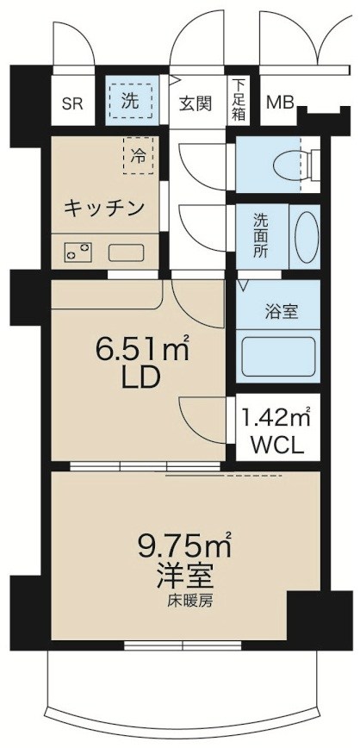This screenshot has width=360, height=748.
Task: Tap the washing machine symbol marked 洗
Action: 129,98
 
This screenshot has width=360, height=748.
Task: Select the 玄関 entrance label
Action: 196,103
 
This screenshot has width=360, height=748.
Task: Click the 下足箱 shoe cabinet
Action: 239,99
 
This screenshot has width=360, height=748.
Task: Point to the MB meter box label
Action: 278,103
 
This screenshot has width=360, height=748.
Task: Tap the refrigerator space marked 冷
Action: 140,155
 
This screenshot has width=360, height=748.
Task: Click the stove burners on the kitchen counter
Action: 78,252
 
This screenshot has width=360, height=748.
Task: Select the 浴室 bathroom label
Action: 280,311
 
